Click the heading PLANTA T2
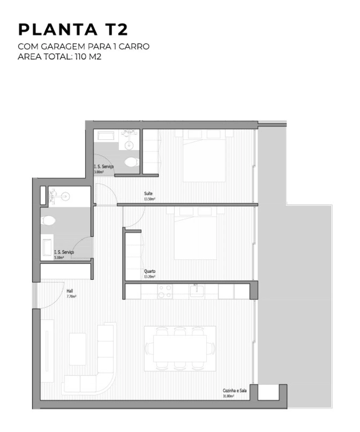73,30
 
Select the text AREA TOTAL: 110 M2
59,57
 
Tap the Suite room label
148,194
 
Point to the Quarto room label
150,271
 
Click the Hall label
70,291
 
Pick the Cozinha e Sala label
235,391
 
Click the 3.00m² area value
98,172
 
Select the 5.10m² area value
59,257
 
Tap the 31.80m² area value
228,396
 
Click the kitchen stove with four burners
165,291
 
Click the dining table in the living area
180,348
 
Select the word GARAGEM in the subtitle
61,46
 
